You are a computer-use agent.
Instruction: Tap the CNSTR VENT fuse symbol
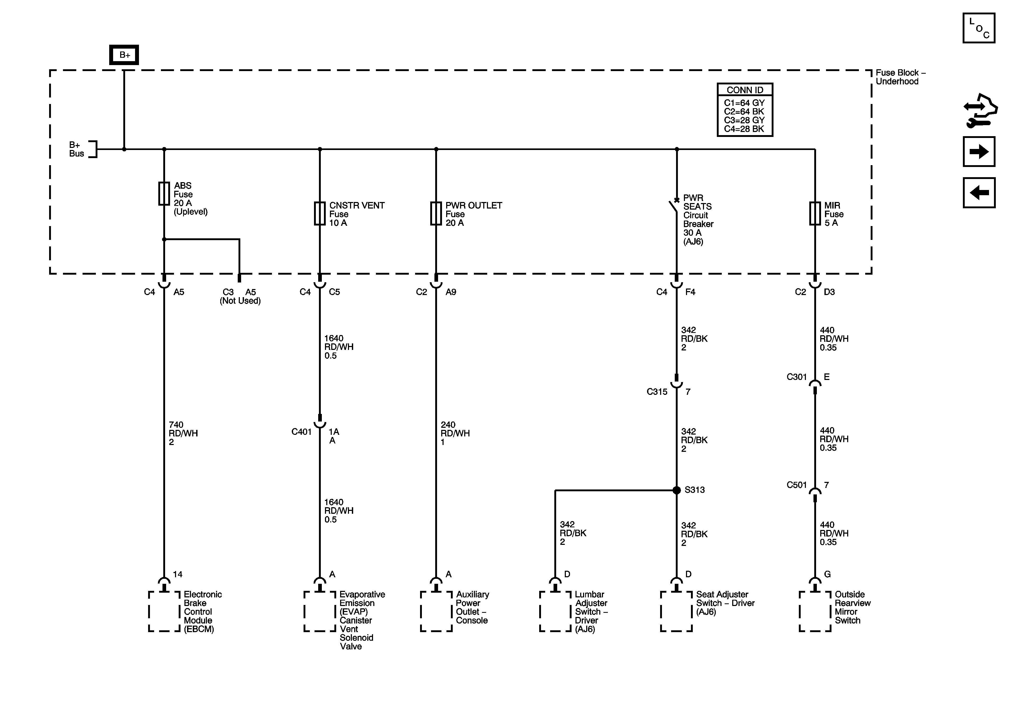319,213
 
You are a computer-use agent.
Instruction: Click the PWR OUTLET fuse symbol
436,213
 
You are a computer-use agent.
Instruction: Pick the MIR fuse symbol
815,213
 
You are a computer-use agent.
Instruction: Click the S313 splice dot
677,490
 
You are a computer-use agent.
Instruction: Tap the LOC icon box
979,28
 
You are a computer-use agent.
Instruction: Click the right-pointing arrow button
979,152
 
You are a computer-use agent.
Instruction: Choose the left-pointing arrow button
979,193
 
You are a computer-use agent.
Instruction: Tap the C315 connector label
657,392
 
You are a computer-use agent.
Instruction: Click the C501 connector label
796,485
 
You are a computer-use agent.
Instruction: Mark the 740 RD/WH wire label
183,433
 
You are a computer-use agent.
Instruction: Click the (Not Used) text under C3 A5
240,301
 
